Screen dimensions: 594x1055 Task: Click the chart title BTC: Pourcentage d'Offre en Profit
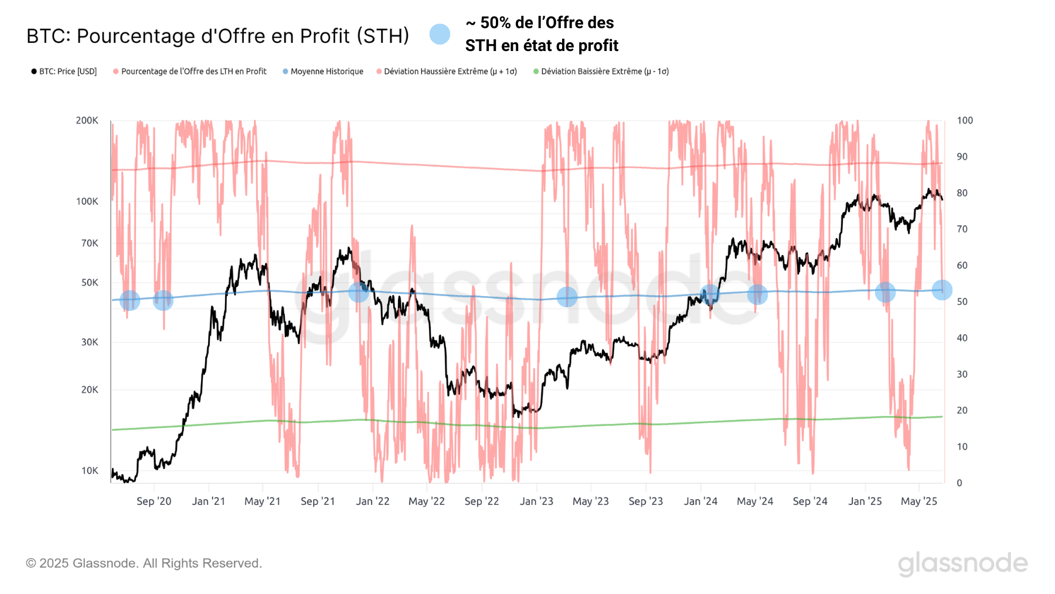coord(217,36)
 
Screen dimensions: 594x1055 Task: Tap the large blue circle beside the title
coord(440,34)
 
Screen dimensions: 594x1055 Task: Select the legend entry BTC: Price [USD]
coord(64,72)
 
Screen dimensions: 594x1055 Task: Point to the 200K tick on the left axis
coord(87,120)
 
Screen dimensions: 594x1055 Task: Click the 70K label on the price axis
coord(89,243)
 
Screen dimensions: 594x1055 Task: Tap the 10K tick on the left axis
coord(89,470)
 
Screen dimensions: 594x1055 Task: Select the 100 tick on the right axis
coord(964,120)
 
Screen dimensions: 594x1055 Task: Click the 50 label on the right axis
coord(962,301)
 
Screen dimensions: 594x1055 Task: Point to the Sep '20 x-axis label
coord(154,501)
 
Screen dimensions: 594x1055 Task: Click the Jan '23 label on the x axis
coord(536,501)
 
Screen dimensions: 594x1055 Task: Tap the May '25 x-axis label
coord(918,501)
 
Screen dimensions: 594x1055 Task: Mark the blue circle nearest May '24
coord(757,294)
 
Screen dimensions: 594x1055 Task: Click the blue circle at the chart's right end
coord(941,290)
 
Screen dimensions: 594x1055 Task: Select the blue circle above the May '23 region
coord(567,297)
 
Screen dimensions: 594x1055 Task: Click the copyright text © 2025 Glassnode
coord(144,563)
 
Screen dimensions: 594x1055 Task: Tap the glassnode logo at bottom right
coord(962,564)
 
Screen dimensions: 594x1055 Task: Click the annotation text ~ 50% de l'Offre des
coord(539,23)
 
